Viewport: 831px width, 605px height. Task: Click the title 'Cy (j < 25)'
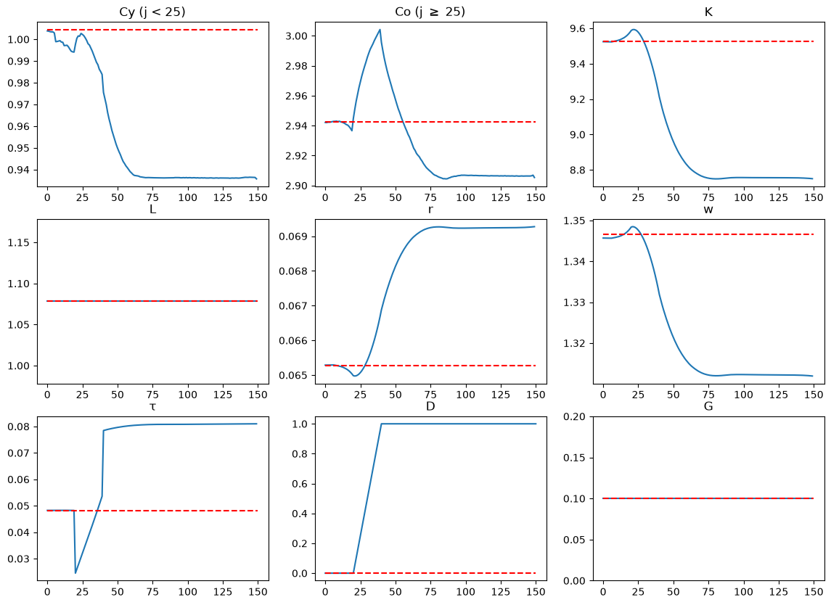point(152,12)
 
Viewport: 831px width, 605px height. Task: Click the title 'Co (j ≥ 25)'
point(430,12)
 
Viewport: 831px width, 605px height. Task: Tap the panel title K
point(708,12)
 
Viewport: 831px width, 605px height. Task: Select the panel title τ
point(152,406)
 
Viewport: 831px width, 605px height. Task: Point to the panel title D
point(430,406)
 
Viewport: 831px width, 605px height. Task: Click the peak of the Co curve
point(380,30)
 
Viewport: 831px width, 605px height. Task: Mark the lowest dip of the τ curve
point(75,572)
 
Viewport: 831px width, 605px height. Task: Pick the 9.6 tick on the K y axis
point(581,28)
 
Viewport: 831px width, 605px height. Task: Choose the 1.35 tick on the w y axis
point(576,221)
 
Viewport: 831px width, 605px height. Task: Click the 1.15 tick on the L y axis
point(20,242)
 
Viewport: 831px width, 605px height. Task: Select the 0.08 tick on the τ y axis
point(20,427)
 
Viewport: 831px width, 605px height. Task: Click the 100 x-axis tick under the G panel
point(743,591)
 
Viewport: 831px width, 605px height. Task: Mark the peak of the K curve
point(634,30)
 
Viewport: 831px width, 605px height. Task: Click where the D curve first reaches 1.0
point(381,424)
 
